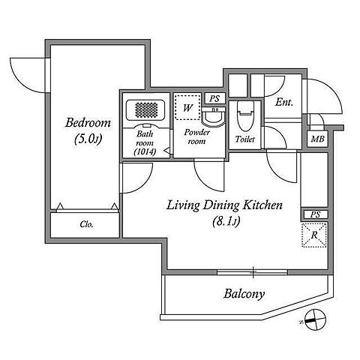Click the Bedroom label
[88, 123]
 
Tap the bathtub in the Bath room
[145, 110]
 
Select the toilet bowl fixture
[245, 116]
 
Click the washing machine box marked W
[187, 107]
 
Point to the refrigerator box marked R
[314, 235]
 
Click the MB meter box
[317, 139]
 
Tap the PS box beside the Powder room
[214, 98]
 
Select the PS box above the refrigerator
[316, 214]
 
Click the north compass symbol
[316, 320]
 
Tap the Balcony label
[244, 294]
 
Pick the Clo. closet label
[87, 224]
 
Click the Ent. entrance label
[284, 102]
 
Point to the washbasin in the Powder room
[213, 118]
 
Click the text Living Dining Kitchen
[224, 205]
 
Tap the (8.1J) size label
[226, 221]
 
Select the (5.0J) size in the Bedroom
[88, 139]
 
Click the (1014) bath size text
[145, 151]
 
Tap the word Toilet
[245, 139]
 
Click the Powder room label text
[196, 136]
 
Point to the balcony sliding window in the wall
[253, 272]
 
